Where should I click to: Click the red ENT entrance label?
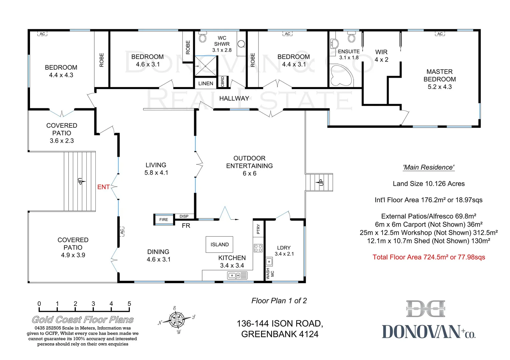(103, 187)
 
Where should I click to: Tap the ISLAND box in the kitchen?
(219, 245)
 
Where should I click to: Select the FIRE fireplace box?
(164, 220)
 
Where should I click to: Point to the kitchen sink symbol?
(237, 275)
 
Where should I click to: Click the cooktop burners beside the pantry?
(258, 248)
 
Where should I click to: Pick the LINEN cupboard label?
(205, 83)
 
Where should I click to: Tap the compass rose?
(177, 320)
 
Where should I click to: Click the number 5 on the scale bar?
(129, 304)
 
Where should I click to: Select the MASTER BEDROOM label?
(439, 79)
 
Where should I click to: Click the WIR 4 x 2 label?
(381, 56)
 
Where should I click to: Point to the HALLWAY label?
(234, 98)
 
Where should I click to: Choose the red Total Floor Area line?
(429, 257)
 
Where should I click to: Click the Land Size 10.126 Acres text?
(429, 184)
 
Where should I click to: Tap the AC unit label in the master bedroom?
(440, 34)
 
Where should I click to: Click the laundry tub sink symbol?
(269, 262)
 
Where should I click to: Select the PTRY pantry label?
(258, 229)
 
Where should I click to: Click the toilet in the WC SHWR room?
(202, 37)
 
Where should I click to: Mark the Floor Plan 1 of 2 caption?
(279, 301)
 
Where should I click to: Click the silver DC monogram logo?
(426, 309)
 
